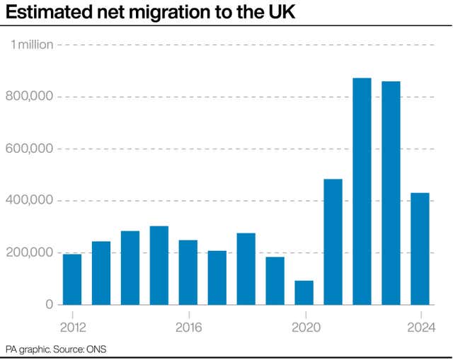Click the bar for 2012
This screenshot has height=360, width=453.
[72, 279]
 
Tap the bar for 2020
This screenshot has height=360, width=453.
[304, 292]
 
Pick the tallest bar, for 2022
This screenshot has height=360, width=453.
[362, 191]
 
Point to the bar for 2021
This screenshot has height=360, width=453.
[333, 241]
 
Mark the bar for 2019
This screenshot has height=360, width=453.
[275, 280]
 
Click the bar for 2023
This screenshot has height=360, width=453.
[391, 192]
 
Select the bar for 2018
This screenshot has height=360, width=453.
[246, 269]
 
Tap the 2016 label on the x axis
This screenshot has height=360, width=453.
[188, 327]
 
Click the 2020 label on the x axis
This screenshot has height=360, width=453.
[304, 327]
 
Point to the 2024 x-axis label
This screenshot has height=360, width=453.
[420, 327]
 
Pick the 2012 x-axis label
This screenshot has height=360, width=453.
[72, 327]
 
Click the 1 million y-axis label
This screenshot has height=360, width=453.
[32, 45]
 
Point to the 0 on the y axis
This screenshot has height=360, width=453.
[49, 304]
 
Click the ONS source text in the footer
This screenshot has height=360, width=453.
[95, 349]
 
